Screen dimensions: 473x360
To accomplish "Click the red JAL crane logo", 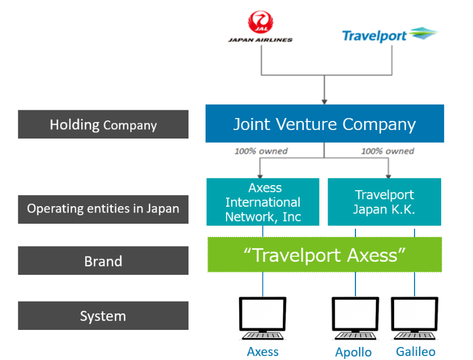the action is [x=261, y=22].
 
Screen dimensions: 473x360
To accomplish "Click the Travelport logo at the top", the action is [x=390, y=35].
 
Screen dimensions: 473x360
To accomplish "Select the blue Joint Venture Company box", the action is [x=325, y=123].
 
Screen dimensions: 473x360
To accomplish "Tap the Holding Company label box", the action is [x=103, y=124].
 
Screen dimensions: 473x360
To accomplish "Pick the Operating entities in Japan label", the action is [x=103, y=209].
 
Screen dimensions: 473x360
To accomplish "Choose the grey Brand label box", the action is [x=103, y=261].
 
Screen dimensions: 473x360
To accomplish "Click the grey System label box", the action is [x=103, y=315].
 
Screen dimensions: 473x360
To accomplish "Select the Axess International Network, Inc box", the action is [x=263, y=202].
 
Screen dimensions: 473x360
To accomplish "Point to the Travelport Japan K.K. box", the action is [x=384, y=202].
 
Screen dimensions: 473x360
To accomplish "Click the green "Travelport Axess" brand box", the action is [x=325, y=255].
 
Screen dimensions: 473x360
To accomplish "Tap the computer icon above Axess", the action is [x=262, y=319].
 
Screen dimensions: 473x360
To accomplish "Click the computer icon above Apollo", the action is [x=355, y=319].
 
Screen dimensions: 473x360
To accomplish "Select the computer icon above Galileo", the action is [x=415, y=319].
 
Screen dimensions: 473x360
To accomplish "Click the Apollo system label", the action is [x=354, y=352].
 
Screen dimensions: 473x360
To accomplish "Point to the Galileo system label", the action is [x=416, y=351].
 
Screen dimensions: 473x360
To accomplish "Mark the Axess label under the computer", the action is [x=263, y=351].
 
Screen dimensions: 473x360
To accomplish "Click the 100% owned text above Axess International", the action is [x=261, y=151].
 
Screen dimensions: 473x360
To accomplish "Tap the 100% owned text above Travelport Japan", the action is [x=388, y=151].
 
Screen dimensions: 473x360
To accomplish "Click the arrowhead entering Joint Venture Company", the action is [x=324, y=102].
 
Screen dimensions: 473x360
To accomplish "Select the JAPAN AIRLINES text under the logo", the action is [x=260, y=40].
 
